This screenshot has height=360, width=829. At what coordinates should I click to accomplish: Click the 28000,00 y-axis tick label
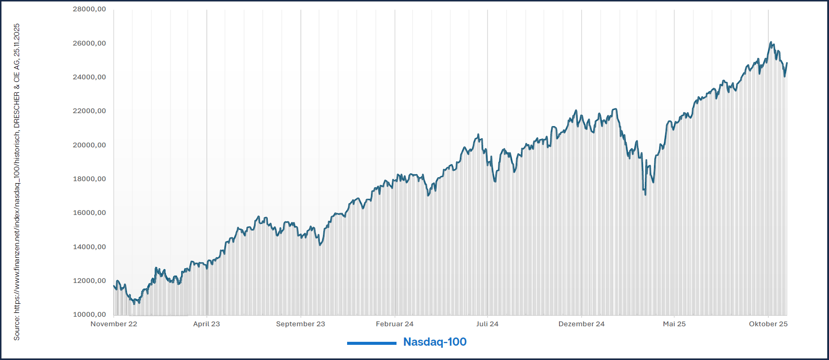point(89,9)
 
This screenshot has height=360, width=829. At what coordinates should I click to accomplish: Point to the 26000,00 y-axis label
point(89,43)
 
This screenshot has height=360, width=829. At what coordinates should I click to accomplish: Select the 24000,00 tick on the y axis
point(89,77)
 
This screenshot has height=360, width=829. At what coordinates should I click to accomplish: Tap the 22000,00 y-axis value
point(89,111)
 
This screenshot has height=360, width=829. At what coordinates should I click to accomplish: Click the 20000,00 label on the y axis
point(89,145)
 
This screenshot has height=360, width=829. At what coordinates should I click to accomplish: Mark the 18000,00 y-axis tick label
point(89,179)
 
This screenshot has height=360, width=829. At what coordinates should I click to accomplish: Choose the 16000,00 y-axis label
point(89,213)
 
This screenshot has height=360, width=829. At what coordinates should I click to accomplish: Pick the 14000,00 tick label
point(89,247)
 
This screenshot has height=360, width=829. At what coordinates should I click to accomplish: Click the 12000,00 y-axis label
point(89,281)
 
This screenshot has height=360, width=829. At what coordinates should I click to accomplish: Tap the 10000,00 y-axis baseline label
point(89,315)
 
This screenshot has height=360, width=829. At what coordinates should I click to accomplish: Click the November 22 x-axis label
point(114,324)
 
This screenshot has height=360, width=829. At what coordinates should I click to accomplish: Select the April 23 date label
point(206,324)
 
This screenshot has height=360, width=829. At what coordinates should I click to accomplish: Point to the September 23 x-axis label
point(300,324)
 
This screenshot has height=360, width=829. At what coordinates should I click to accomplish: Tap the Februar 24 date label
point(394,324)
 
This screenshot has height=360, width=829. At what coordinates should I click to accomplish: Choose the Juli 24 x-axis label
point(487,324)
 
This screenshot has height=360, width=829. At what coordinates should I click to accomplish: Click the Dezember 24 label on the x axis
point(581,324)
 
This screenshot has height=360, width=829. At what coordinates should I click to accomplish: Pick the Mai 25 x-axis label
point(674,324)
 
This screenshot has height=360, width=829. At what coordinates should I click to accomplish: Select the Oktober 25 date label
point(768,324)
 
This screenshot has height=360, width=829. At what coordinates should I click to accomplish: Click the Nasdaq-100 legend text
point(435,342)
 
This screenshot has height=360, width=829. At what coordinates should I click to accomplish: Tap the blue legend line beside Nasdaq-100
point(371,343)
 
